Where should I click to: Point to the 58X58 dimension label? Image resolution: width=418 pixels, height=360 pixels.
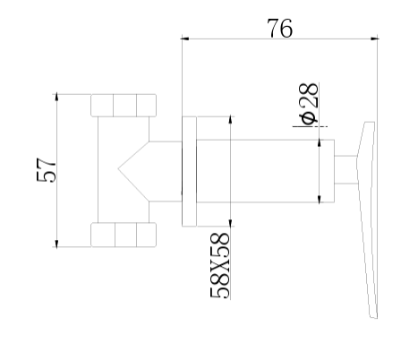point(220,263)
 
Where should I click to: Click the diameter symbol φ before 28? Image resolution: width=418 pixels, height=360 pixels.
point(308,116)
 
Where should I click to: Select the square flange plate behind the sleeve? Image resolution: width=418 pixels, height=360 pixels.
point(190,170)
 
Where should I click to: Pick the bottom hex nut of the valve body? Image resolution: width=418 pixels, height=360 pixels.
point(124,236)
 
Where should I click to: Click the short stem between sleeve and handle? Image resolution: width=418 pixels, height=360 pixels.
point(345,169)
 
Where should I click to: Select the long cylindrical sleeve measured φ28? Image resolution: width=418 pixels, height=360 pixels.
point(260,170)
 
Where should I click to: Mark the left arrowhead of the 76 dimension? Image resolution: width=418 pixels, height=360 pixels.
point(185,39)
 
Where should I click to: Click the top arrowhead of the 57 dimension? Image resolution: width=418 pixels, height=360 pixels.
point(56,96)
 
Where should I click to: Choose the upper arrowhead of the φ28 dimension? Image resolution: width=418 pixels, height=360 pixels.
point(320,142)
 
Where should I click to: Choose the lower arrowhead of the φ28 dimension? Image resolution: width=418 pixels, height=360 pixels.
point(320,198)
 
